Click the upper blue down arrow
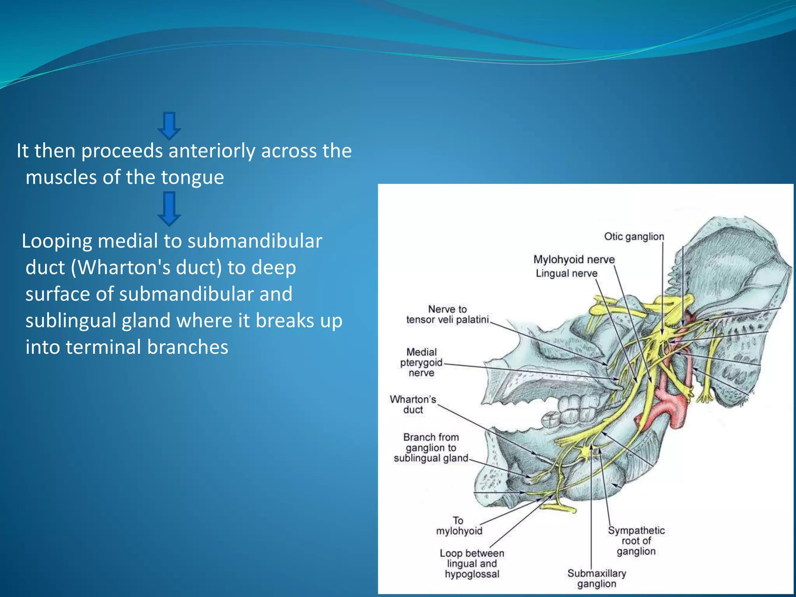pos(169,126)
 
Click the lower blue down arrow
pos(169,208)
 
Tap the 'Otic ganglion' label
pos(634,236)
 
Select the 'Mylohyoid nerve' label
pos(574,259)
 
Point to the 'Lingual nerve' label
pos(566,273)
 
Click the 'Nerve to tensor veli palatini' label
pos(447,314)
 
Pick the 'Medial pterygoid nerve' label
pos(421,362)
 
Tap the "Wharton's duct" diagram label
pos(413,404)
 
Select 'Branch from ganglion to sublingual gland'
pos(431,447)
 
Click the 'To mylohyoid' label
pos(459,525)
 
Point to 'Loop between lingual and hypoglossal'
pos(472,563)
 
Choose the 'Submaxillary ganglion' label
pos(597,578)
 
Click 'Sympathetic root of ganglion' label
pos(636,540)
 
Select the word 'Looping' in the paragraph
pos(57,241)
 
